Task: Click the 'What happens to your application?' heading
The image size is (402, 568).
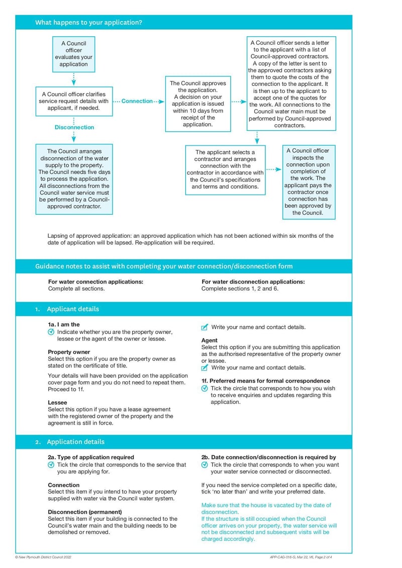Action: [x=88, y=23]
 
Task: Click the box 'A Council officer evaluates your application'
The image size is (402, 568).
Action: [x=74, y=54]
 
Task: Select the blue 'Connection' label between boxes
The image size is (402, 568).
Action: [x=137, y=101]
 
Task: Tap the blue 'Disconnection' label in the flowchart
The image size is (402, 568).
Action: [x=74, y=127]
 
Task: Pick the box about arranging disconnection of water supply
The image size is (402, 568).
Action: [x=74, y=178]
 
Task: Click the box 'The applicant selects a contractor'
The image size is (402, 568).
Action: [x=225, y=169]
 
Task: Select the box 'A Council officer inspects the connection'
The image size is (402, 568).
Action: [x=308, y=181]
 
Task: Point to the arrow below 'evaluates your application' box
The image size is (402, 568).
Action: [x=74, y=79]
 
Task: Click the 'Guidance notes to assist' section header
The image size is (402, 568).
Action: [x=164, y=266]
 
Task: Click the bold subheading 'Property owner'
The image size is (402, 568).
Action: [x=69, y=352]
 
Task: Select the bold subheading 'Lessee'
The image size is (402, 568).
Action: [x=57, y=403]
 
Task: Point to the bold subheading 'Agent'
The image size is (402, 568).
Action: [x=209, y=340]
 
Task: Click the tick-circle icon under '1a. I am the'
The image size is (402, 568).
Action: [x=51, y=332]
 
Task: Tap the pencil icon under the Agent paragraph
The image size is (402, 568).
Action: [x=205, y=368]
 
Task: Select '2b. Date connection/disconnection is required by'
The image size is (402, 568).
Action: [x=268, y=457]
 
